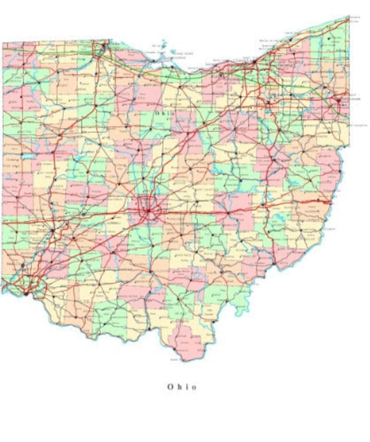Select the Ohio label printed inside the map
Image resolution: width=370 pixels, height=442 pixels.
pyautogui.click(x=164, y=113)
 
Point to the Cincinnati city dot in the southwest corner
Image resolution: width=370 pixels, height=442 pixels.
pyautogui.click(x=26, y=293)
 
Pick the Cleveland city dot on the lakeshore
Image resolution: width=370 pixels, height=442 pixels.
pyautogui.click(x=254, y=62)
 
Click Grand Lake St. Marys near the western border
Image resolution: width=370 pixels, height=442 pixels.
pyautogui.click(x=27, y=156)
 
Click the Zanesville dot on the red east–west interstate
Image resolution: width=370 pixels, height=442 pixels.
pyautogui.click(x=229, y=213)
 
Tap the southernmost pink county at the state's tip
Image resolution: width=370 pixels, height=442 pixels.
pyautogui.click(x=185, y=343)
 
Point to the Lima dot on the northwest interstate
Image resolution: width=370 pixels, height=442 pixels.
pyautogui.click(x=60, y=134)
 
